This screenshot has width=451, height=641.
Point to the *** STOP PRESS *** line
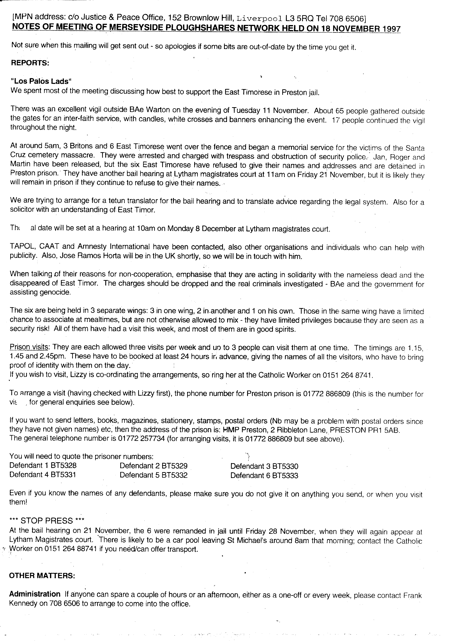pyautogui.click(x=47, y=521)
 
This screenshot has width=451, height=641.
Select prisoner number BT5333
pyautogui.click(x=285, y=475)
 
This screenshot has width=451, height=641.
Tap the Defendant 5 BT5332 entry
pyautogui.click(x=154, y=475)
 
